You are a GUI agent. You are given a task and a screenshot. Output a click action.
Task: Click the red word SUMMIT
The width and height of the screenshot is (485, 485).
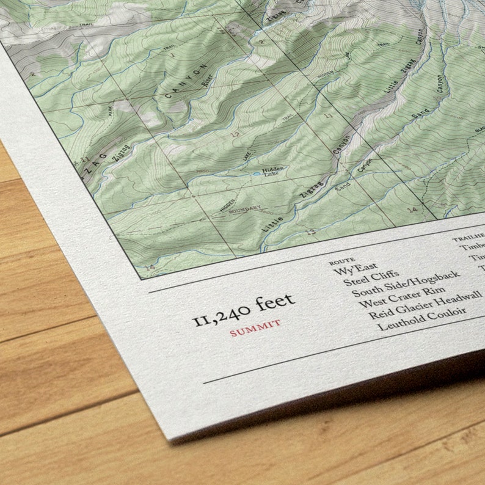255,327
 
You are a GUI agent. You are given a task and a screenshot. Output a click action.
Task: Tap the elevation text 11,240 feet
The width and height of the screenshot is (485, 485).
244,309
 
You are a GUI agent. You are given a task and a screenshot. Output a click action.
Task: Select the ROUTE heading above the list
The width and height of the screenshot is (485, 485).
342,261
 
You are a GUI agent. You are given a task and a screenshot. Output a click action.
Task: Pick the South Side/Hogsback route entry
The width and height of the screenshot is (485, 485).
406,285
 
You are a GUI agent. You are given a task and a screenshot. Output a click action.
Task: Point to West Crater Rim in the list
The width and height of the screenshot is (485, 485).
402,297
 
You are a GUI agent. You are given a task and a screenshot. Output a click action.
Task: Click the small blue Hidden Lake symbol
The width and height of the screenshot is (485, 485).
256,175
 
